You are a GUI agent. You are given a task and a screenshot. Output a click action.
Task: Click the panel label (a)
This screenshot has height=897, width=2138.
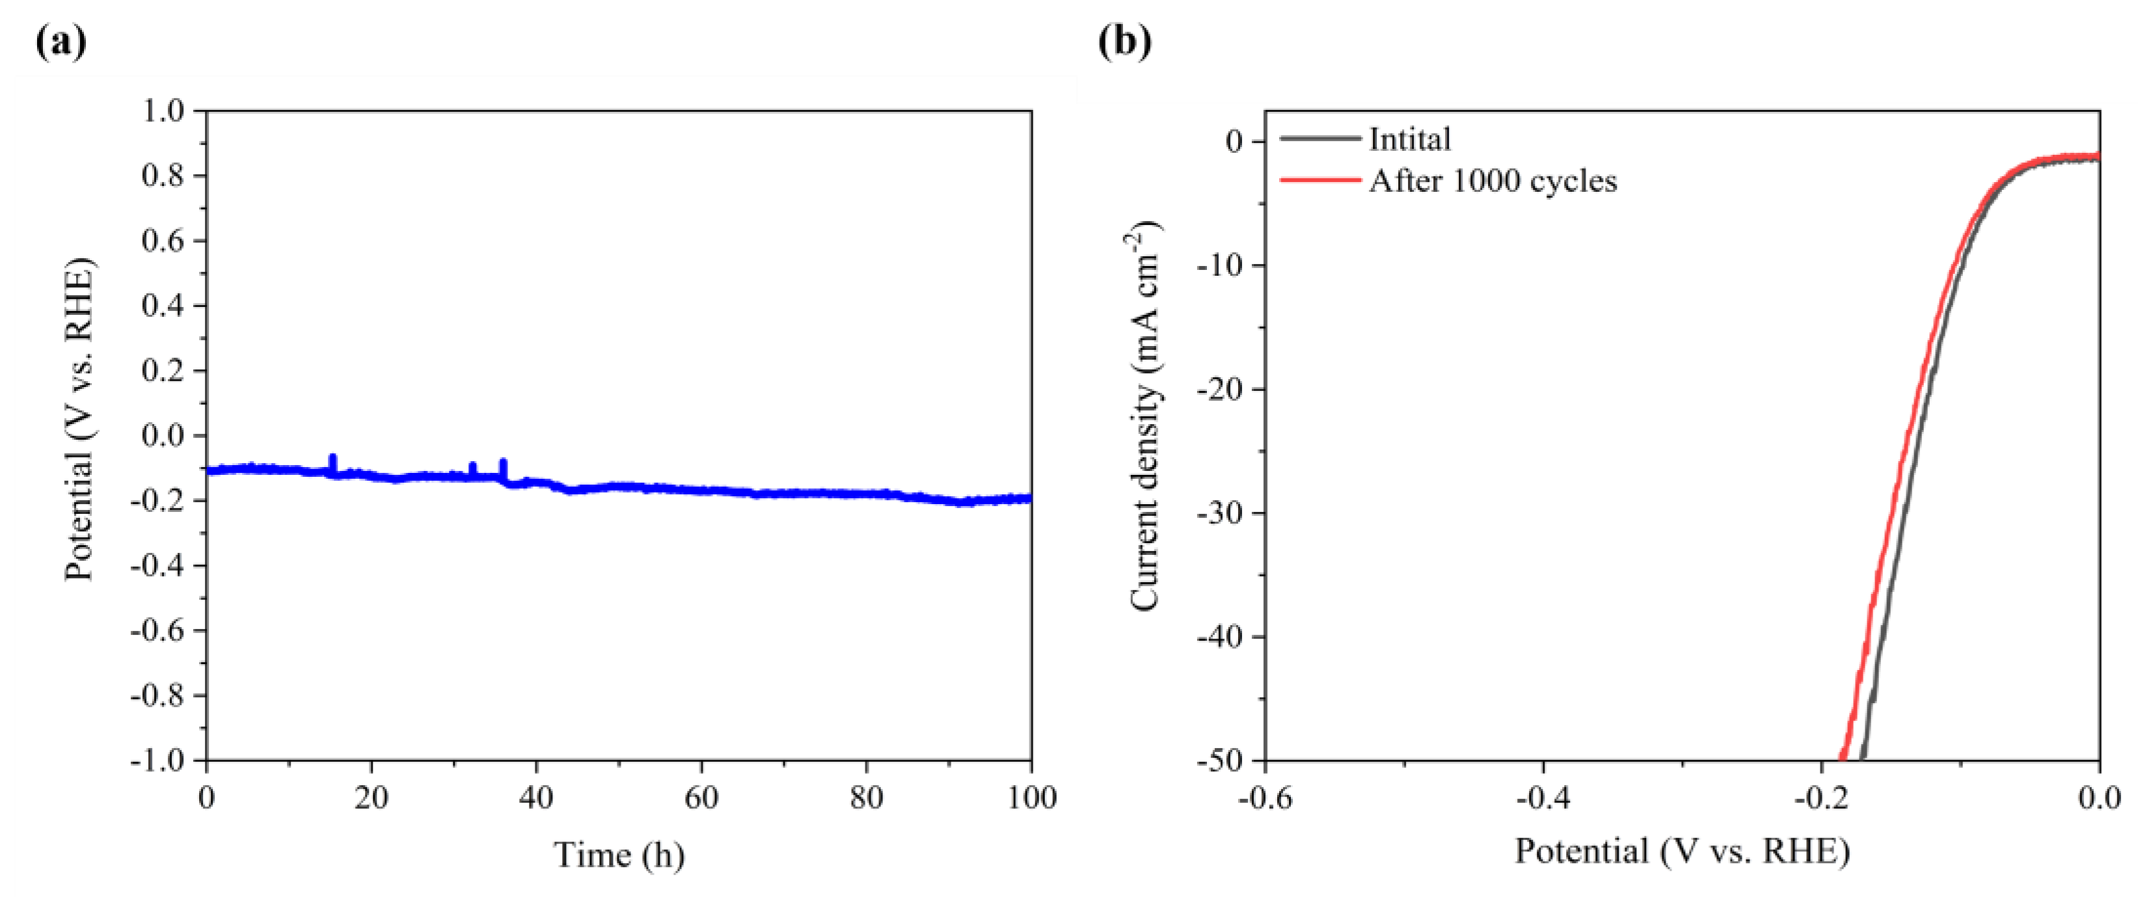pyautogui.click(x=61, y=42)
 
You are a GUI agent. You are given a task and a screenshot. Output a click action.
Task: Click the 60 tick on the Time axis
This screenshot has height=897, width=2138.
pyautogui.click(x=701, y=798)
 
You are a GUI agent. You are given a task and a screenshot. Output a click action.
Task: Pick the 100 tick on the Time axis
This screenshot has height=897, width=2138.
pyautogui.click(x=1032, y=798)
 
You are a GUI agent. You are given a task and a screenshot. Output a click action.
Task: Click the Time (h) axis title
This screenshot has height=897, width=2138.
pyautogui.click(x=619, y=855)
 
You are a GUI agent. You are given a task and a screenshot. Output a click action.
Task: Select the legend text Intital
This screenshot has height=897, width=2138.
pyautogui.click(x=1409, y=139)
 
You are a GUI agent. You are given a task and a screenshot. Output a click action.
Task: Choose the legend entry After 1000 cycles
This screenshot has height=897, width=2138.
pyautogui.click(x=1493, y=181)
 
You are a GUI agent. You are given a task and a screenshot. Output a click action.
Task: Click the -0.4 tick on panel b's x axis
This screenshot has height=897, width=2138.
pyautogui.click(x=1542, y=798)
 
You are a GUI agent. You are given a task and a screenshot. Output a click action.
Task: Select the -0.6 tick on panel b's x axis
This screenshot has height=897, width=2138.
pyautogui.click(x=1265, y=798)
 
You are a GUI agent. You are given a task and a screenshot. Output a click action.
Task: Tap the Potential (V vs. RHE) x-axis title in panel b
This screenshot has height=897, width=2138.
pyautogui.click(x=1683, y=852)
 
